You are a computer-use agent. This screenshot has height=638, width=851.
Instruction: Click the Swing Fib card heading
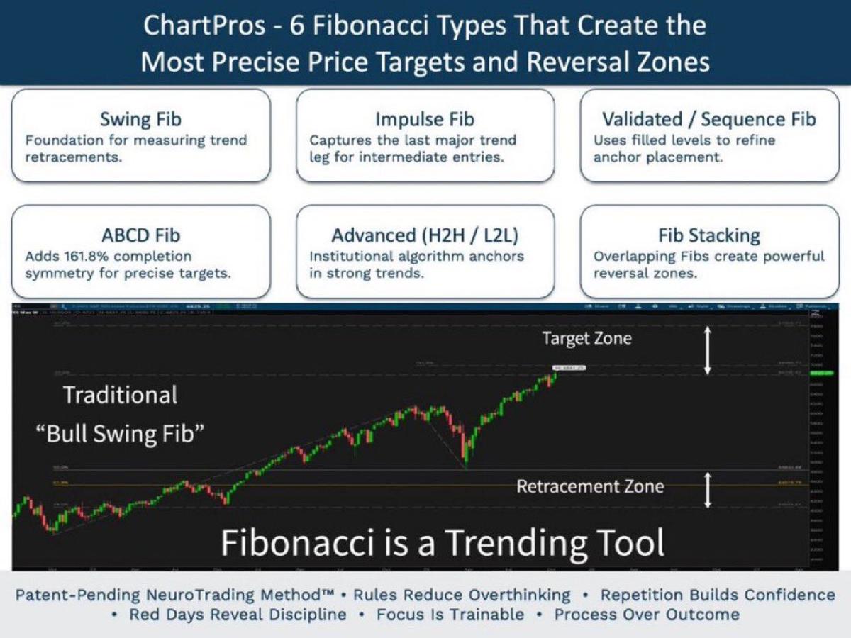(x=140, y=119)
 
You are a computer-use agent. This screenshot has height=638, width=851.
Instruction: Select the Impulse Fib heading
(x=425, y=119)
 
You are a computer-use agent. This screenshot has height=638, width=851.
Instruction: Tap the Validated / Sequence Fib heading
(x=708, y=119)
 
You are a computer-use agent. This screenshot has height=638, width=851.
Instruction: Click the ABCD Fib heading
(x=140, y=235)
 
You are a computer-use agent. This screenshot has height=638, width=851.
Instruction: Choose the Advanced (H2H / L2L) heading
(x=425, y=235)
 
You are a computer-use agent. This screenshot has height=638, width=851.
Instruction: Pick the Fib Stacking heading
(x=708, y=235)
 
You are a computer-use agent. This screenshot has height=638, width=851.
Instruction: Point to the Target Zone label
(x=586, y=339)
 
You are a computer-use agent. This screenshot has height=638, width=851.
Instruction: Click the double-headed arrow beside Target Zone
(x=707, y=350)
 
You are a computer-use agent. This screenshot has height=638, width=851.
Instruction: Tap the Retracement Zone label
(x=590, y=486)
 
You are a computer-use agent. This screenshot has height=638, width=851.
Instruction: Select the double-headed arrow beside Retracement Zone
(x=707, y=490)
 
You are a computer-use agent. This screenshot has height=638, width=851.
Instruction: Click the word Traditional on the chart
(x=121, y=395)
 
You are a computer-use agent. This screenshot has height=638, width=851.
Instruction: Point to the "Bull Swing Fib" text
(x=120, y=434)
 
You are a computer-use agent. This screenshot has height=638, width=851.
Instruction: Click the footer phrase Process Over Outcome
(x=647, y=615)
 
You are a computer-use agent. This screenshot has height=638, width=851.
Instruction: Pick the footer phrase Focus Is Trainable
(x=450, y=615)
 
